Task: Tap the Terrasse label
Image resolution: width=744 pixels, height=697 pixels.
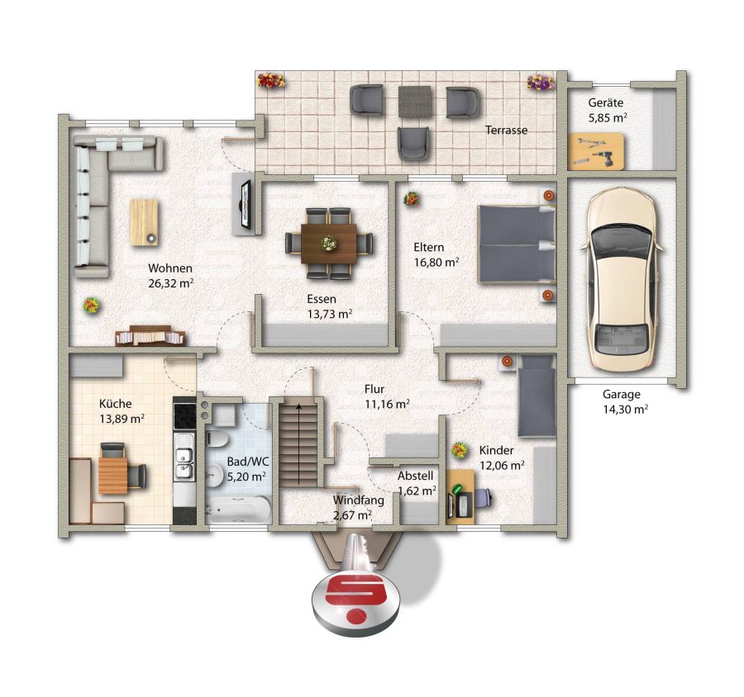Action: point(506,130)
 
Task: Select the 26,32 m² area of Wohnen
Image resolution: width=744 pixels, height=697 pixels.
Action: point(171,283)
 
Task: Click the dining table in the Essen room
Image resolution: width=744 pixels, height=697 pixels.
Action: point(329,244)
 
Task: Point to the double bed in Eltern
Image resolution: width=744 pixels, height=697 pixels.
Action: point(517,244)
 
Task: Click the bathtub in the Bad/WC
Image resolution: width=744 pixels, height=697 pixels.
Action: point(239,510)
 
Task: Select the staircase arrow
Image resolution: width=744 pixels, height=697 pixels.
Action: point(298,443)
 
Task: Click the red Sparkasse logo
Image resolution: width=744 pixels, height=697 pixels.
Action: point(356,600)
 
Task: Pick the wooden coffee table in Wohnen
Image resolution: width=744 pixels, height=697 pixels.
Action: point(144,222)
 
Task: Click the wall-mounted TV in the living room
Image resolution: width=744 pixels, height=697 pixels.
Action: point(246,204)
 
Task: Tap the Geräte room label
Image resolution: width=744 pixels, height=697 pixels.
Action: point(606,102)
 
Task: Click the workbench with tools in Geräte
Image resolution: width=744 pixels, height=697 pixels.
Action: point(596,152)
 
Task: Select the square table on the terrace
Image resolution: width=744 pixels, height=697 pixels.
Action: point(415,101)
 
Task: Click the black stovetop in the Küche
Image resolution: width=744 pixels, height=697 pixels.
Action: point(184,415)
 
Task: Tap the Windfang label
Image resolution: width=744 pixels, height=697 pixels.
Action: point(358,500)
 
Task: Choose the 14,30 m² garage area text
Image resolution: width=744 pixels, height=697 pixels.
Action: point(626,409)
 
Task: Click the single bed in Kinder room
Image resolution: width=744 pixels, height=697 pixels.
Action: point(537,396)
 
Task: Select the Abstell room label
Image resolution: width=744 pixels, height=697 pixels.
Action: point(415,476)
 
